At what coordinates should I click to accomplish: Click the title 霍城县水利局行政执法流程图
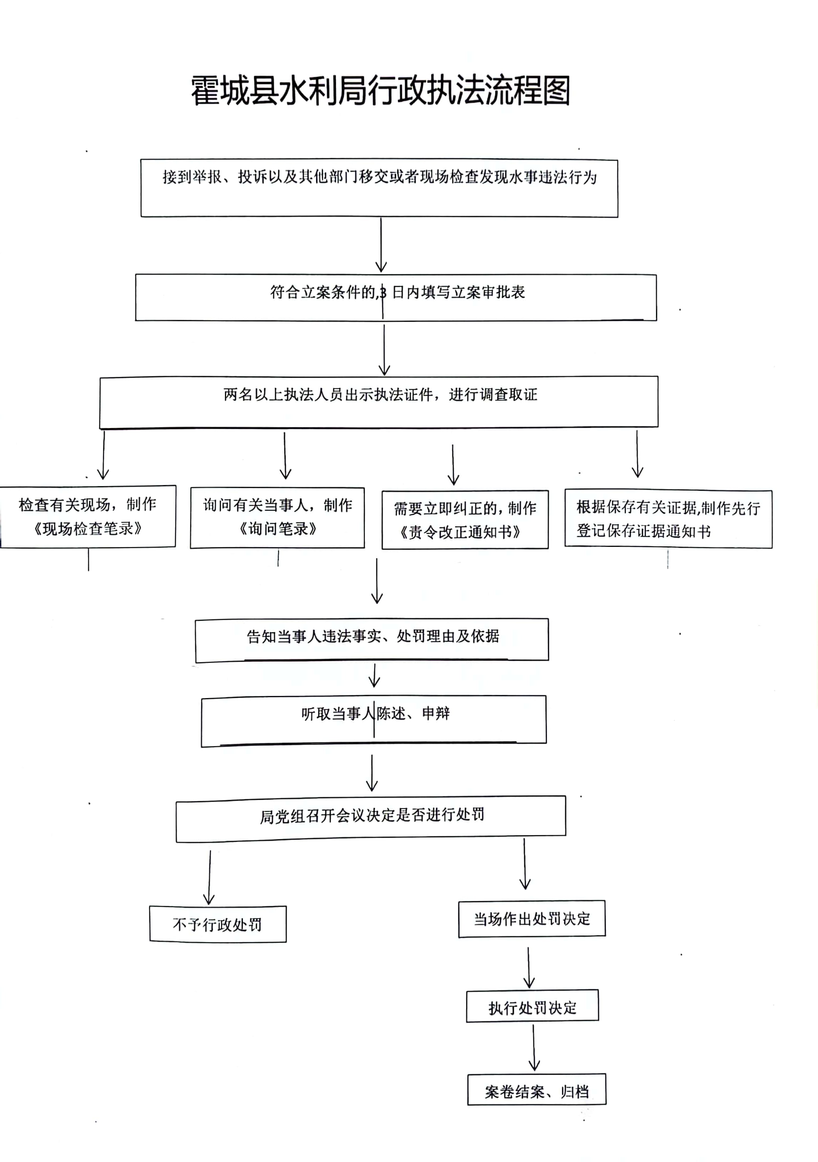pyautogui.click(x=381, y=91)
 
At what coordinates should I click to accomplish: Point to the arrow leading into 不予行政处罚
pyautogui.click(x=209, y=877)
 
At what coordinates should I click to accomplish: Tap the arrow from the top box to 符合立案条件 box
pyautogui.click(x=381, y=245)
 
